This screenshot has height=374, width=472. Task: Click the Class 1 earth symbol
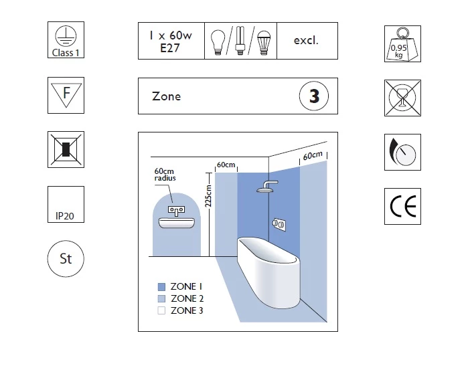66,40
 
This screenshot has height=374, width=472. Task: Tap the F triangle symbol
66,96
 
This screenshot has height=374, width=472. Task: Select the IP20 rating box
66,204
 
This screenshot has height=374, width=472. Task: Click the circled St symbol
66,259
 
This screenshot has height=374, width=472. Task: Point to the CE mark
403,207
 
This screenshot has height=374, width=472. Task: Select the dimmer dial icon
403,152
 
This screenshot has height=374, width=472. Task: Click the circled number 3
314,96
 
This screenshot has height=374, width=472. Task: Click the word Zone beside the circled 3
167,96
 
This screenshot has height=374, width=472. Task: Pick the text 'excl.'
306,40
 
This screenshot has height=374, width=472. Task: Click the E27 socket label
171,48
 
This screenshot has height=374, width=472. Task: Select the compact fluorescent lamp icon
238,40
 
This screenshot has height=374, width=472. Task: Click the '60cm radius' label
165,175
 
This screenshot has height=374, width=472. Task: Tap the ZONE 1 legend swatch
161,286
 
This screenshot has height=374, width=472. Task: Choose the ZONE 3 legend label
187,310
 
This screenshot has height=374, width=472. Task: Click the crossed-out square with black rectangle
66,149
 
